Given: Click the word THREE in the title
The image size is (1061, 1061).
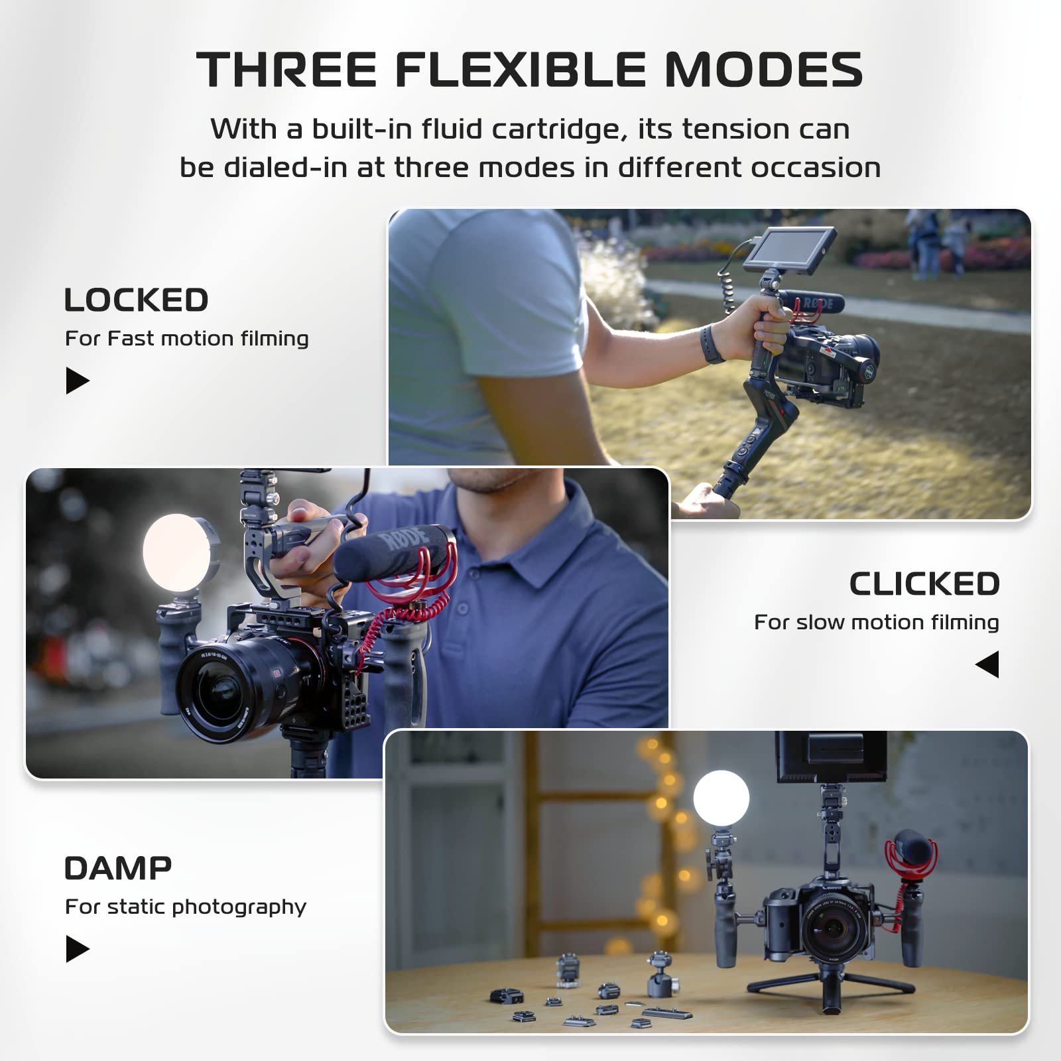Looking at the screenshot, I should coord(286,70).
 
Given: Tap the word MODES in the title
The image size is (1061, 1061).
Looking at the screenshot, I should coord(763,70).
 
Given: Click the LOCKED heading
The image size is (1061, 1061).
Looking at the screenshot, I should coord(136,300).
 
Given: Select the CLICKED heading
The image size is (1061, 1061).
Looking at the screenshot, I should coord(924,584).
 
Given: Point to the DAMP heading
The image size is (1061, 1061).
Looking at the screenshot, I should coord(118,869).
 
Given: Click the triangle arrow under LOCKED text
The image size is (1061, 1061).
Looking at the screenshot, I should coord(76,381).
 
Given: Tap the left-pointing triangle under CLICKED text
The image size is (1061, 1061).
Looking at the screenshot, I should coord(988,664).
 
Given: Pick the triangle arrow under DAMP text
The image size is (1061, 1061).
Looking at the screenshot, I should coord(76,949).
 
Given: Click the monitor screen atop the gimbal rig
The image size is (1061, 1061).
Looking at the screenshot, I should coord(789,249).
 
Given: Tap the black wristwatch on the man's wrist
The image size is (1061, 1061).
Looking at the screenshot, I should coord(712,343).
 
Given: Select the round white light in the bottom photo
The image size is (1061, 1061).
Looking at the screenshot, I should coord(721,798).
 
